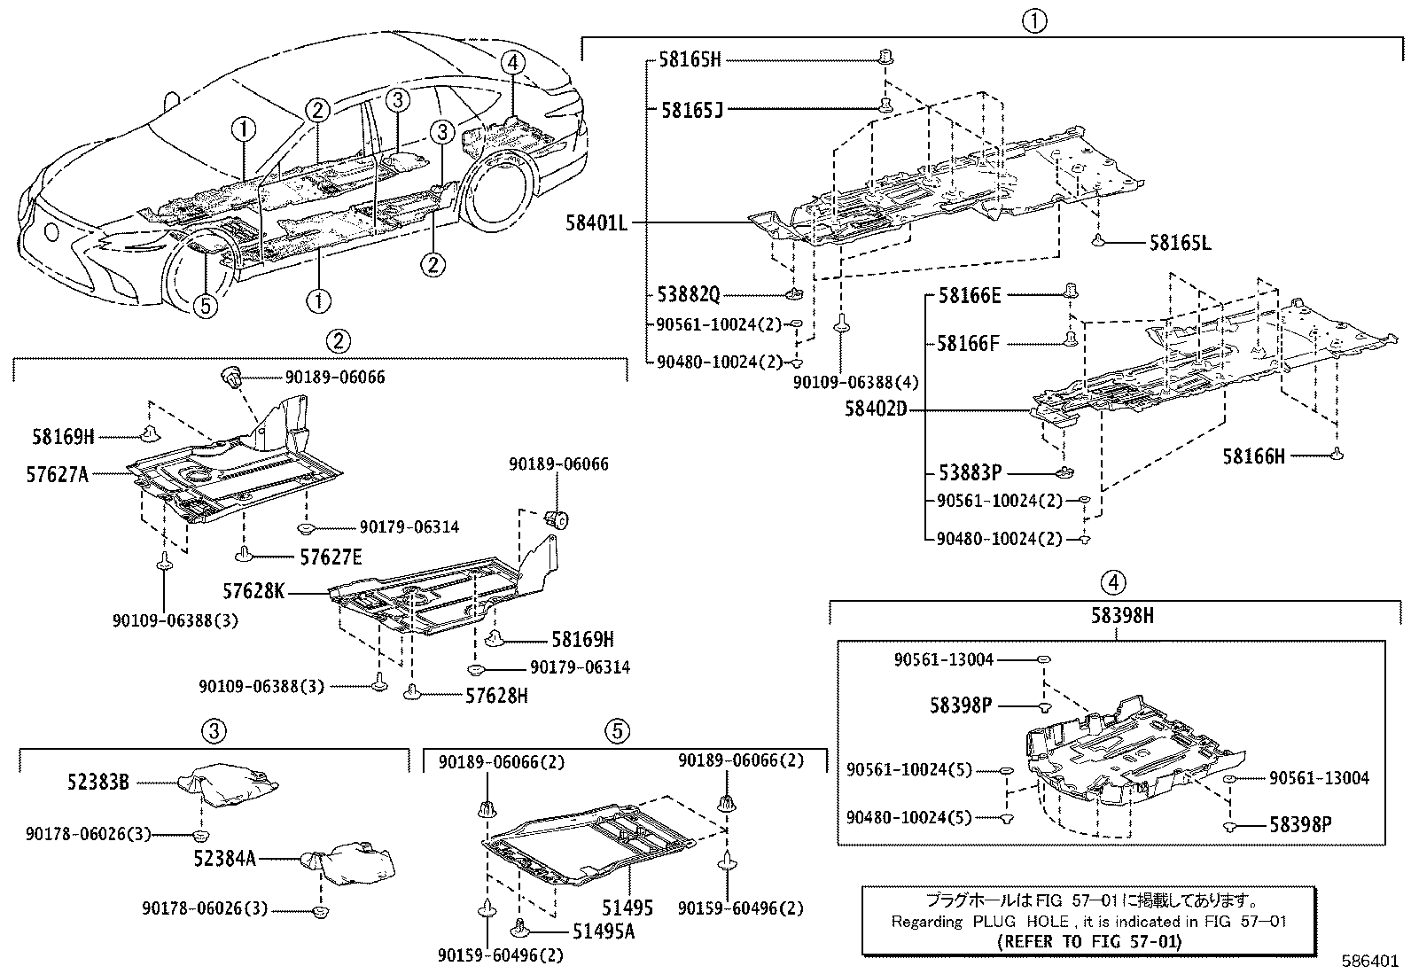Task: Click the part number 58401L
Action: click(x=596, y=223)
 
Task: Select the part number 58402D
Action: click(x=876, y=409)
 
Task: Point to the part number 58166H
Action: click(x=1253, y=456)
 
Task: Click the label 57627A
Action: click(x=58, y=474)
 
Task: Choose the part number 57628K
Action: click(x=253, y=590)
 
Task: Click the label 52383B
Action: click(x=97, y=783)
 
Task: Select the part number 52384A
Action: click(x=225, y=858)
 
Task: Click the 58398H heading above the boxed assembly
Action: click(x=1114, y=615)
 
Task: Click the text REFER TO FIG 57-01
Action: click(x=1088, y=941)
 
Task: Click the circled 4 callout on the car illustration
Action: click(x=512, y=63)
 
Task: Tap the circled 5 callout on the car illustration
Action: click(x=205, y=306)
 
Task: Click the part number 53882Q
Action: click(x=689, y=293)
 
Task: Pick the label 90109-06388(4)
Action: click(x=855, y=381)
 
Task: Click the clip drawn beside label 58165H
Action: click(x=884, y=58)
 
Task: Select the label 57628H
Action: click(x=496, y=696)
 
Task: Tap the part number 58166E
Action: click(x=970, y=296)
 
